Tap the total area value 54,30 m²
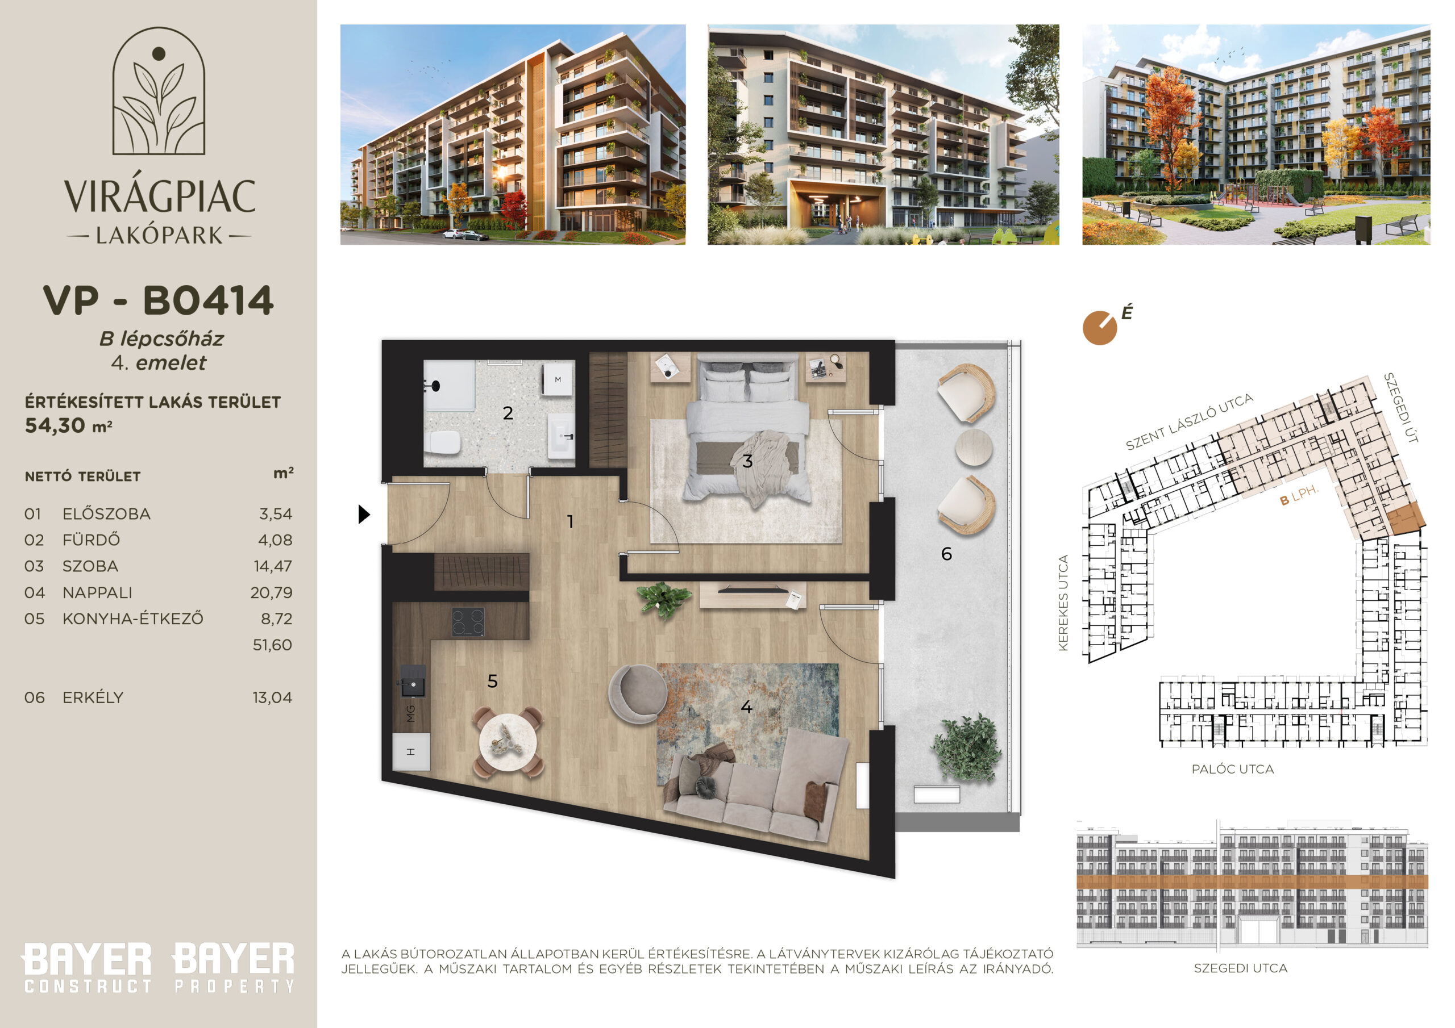coord(68,425)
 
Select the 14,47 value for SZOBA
coord(273,566)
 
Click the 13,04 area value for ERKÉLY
coord(272,697)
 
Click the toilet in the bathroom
coord(443,442)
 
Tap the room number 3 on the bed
coord(748,461)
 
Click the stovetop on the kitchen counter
coord(468,622)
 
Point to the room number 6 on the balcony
coord(946,554)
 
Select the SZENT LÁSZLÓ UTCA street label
coord(1190,421)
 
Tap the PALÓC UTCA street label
coord(1233,769)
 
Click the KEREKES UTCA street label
coord(1063,603)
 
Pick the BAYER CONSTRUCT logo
coord(88,967)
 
